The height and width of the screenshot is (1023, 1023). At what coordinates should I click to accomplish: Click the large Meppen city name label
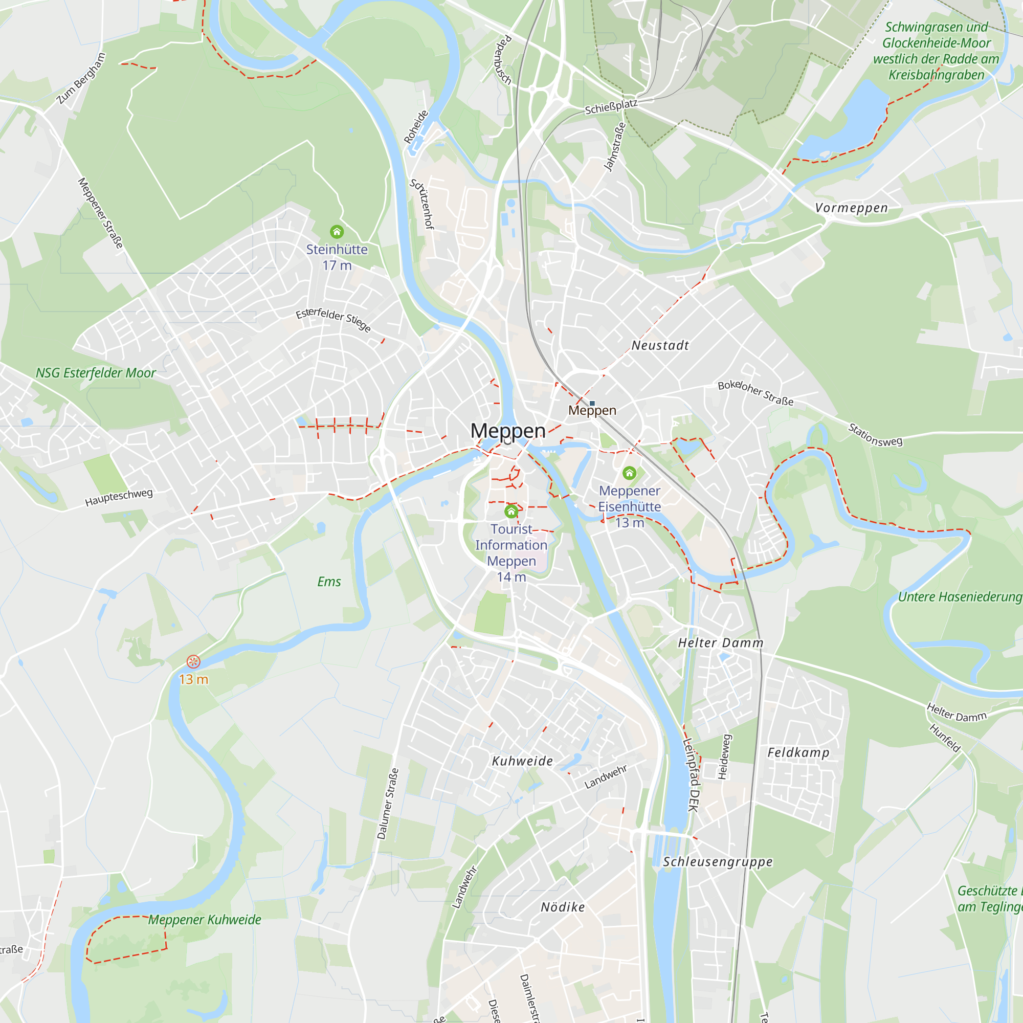click(x=508, y=431)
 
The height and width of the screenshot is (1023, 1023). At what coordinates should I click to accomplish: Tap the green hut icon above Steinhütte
click(x=337, y=232)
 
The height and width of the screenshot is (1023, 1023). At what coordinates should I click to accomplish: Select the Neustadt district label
click(x=660, y=346)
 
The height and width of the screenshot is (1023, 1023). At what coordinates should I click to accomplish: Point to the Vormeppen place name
click(x=851, y=208)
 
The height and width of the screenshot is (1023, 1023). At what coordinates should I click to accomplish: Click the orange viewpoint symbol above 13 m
click(x=193, y=661)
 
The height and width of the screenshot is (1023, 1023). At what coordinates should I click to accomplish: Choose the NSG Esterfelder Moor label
click(x=96, y=373)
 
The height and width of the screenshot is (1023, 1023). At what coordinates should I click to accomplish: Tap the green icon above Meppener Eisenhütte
click(x=629, y=472)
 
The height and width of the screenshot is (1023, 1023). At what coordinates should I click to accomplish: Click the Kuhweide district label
click(x=522, y=761)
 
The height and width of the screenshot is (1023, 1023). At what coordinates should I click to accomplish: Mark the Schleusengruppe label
click(x=718, y=861)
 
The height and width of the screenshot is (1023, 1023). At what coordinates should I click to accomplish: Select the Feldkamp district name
click(x=798, y=752)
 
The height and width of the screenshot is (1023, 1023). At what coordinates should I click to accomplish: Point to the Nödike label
click(x=562, y=907)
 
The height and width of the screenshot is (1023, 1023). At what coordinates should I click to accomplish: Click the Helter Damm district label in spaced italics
click(x=721, y=643)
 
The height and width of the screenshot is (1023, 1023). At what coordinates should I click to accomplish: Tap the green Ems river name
click(x=329, y=582)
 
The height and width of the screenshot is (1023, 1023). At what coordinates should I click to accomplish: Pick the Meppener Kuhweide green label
click(x=205, y=920)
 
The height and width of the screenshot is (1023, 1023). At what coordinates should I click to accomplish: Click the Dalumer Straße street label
click(x=388, y=804)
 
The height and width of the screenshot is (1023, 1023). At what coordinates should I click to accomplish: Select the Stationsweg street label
click(x=875, y=435)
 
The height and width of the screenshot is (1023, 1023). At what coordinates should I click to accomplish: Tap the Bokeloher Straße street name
click(x=755, y=393)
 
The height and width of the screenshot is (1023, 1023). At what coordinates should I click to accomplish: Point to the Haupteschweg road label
click(x=119, y=498)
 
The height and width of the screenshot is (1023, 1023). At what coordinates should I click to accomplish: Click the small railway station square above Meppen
click(x=592, y=404)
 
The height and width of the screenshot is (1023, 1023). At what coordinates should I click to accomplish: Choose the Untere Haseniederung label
click(x=960, y=597)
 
